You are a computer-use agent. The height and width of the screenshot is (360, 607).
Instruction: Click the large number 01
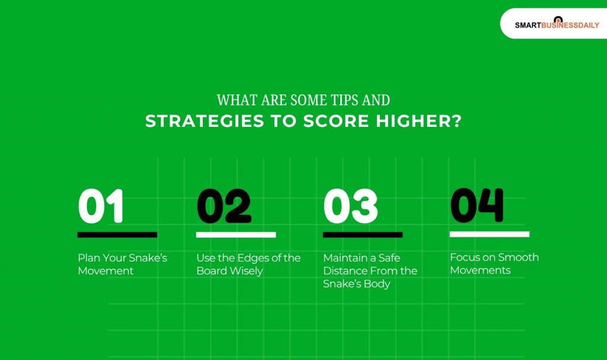pyautogui.click(x=101, y=206)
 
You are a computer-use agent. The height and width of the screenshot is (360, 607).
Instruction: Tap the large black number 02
pyautogui.click(x=223, y=206)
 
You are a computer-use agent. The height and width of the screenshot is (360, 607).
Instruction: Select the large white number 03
pyautogui.click(x=350, y=206)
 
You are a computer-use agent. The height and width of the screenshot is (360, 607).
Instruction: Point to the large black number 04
pyautogui.click(x=477, y=205)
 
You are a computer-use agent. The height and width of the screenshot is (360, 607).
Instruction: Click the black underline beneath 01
pyautogui.click(x=117, y=235)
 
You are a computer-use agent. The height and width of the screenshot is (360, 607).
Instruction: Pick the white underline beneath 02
pyautogui.click(x=236, y=235)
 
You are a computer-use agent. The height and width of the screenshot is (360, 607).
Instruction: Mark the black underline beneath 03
pyautogui.click(x=363, y=235)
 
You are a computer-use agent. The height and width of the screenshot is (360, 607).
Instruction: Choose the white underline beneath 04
pyautogui.click(x=489, y=234)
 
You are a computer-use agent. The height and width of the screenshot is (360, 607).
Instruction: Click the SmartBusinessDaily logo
pyautogui.click(x=557, y=24)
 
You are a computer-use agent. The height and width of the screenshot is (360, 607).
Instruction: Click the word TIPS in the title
pyautogui.click(x=336, y=100)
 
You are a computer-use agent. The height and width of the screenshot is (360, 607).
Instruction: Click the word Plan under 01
pyautogui.click(x=89, y=258)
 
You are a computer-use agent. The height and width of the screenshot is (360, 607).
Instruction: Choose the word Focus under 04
pyautogui.click(x=464, y=257)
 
